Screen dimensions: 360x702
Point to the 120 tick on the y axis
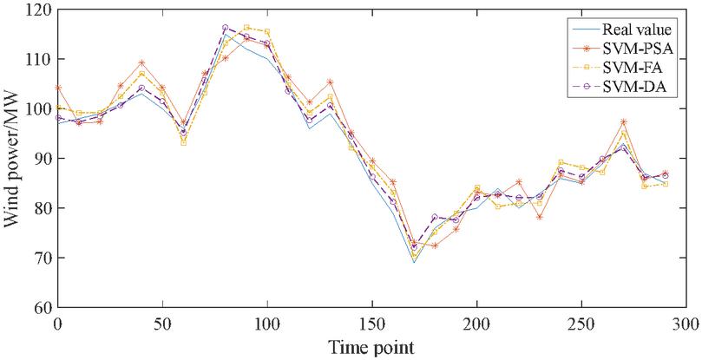38,10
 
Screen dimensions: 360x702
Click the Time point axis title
371,347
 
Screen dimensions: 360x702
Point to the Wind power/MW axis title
13,159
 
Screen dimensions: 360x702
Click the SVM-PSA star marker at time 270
623,121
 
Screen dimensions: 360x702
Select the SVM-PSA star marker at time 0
58,88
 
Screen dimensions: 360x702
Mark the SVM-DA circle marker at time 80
226,28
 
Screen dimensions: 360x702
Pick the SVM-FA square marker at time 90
246,28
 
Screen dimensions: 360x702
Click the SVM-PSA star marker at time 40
141,62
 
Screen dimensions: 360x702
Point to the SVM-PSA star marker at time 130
331,82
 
